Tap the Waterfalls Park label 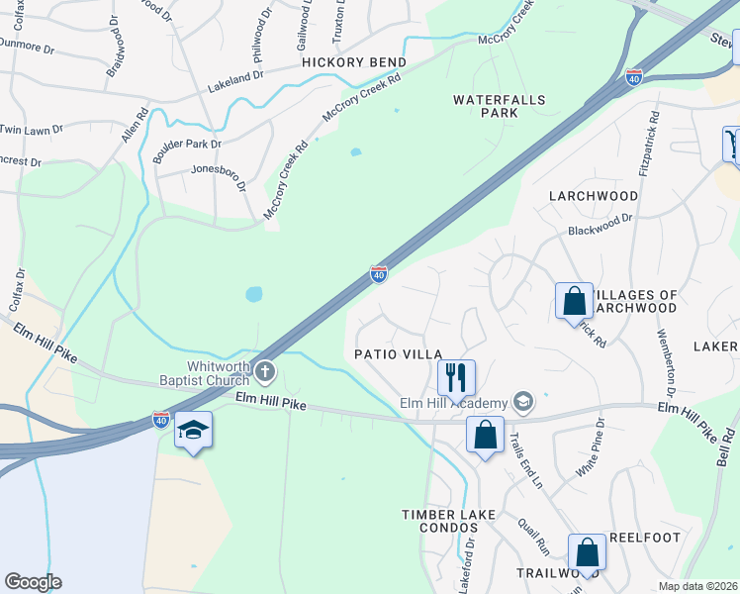[486, 106]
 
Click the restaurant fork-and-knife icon [456, 376]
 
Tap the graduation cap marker [194, 429]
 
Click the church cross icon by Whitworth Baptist [264, 372]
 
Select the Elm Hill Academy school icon [523, 402]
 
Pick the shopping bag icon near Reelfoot [587, 551]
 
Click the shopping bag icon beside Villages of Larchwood [574, 299]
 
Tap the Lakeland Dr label [235, 75]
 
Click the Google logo [33, 581]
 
